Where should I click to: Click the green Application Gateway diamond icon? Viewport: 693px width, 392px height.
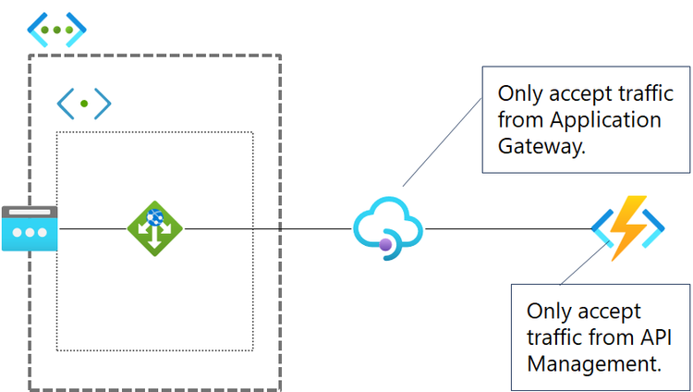coord(154,227)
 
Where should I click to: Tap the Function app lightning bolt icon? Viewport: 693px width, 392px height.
coord(629,227)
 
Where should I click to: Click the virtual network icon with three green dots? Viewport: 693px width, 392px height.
coord(56,30)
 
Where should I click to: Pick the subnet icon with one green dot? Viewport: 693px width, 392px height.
coord(84,104)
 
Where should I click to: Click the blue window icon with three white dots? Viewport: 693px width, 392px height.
coord(29,227)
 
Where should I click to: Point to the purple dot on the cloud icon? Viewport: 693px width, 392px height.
coord(385,244)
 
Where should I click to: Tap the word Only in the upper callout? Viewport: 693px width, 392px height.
coord(521,94)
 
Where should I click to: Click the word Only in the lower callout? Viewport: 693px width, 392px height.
coord(551,311)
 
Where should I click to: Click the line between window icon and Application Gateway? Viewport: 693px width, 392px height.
coord(92,227)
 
